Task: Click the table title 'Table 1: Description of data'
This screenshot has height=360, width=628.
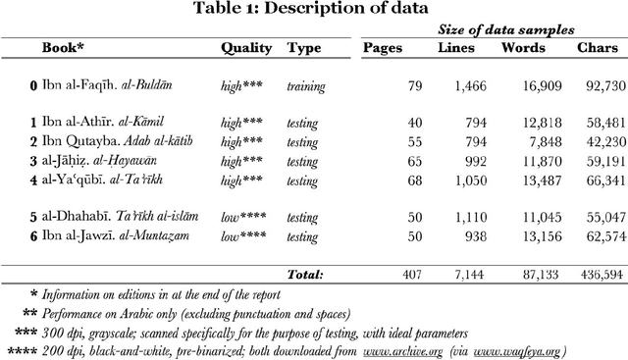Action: point(313,10)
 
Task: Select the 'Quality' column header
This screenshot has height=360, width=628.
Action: point(246,48)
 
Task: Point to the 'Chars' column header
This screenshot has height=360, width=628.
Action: point(598,48)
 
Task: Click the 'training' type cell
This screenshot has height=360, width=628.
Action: point(305,86)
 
